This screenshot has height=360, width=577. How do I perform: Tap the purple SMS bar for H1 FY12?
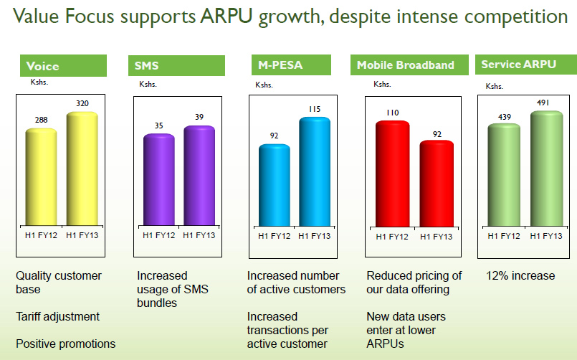(x=153, y=180)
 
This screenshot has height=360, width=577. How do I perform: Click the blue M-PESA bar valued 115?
(x=315, y=172)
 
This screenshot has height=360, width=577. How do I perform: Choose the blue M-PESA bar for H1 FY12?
(x=275, y=186)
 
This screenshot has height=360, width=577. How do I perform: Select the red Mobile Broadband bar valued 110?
(x=392, y=174)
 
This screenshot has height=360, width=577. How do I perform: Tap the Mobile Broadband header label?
(x=406, y=65)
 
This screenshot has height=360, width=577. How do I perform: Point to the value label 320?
(x=83, y=104)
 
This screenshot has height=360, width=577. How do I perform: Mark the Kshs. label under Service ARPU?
(x=495, y=86)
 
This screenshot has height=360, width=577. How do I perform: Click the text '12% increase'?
(x=520, y=276)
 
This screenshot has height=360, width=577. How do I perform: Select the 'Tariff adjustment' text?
(x=58, y=316)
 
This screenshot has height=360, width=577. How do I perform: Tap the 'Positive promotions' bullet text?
(x=66, y=344)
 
